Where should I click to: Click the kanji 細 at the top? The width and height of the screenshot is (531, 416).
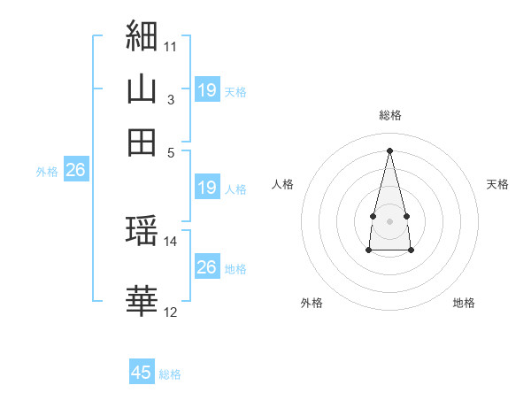(x=142, y=35)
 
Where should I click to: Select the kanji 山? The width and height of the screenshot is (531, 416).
(x=142, y=89)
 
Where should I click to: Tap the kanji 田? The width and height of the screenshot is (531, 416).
(x=142, y=143)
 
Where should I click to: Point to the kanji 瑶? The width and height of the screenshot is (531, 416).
(x=142, y=230)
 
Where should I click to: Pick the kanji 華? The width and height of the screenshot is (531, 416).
(x=142, y=300)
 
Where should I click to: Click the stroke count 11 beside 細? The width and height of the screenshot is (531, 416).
(x=170, y=47)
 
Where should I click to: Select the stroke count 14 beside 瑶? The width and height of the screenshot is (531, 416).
(x=170, y=242)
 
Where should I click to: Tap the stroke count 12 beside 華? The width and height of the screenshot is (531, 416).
(x=170, y=312)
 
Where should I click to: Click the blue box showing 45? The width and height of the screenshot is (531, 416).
(x=142, y=371)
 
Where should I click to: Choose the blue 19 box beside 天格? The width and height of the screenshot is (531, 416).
(x=207, y=89)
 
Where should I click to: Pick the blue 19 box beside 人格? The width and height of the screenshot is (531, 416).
(x=207, y=187)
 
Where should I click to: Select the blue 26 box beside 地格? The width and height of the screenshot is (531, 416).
(x=207, y=266)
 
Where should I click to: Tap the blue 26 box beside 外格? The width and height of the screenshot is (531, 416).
(x=76, y=169)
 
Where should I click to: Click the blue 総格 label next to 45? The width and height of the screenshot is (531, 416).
(x=170, y=374)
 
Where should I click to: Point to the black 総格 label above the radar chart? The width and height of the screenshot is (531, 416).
(x=390, y=115)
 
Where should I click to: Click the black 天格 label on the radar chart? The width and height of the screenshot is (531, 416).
(x=497, y=184)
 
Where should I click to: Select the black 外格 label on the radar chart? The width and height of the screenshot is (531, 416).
(x=312, y=303)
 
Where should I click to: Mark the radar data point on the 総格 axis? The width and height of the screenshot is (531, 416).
(x=389, y=150)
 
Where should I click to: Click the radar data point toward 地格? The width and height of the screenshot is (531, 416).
(x=411, y=250)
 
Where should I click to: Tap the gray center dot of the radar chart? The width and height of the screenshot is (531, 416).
(x=389, y=221)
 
